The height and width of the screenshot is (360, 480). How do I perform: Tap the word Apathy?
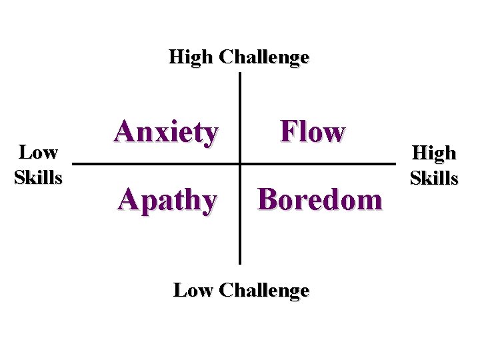[167, 199]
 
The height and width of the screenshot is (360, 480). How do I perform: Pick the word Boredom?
[320, 199]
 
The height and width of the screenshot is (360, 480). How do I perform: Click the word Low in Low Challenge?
[193, 290]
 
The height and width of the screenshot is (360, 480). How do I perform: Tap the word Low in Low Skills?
[38, 153]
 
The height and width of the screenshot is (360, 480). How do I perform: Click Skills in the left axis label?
[38, 177]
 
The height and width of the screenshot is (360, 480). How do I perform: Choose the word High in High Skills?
[434, 153]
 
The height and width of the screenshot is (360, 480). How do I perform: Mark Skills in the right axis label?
[434, 178]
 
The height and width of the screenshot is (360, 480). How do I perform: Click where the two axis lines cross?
[239, 163]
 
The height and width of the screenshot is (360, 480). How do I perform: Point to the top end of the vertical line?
[239, 73]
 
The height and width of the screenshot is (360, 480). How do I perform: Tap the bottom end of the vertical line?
[239, 263]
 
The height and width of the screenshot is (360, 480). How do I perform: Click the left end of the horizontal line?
[72, 163]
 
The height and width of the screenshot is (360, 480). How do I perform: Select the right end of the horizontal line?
[395, 163]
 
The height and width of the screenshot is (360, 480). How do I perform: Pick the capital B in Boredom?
[269, 199]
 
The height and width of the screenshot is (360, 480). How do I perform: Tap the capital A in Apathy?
[128, 199]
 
